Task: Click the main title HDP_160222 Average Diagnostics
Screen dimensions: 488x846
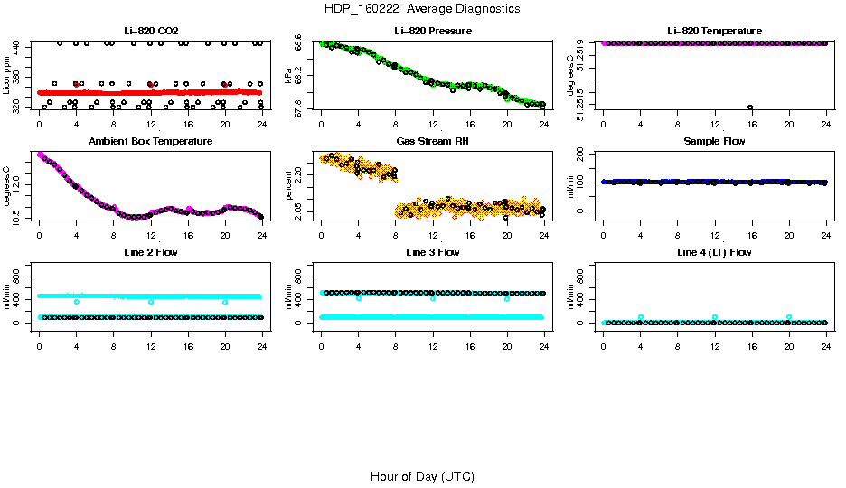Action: tap(422, 9)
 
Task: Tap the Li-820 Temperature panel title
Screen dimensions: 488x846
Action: tap(714, 32)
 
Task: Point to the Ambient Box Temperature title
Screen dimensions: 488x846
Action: tap(150, 141)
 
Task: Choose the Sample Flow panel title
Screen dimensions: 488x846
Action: tap(714, 141)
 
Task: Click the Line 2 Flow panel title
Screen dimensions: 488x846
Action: tap(150, 252)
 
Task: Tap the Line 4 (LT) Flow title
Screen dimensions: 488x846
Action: tap(714, 252)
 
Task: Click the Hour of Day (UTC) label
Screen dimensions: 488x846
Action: tap(422, 476)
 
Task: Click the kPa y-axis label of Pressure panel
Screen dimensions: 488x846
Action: tap(288, 76)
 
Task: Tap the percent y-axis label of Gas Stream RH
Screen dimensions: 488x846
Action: tap(288, 186)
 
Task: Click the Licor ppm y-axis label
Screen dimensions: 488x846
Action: tap(7, 76)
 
